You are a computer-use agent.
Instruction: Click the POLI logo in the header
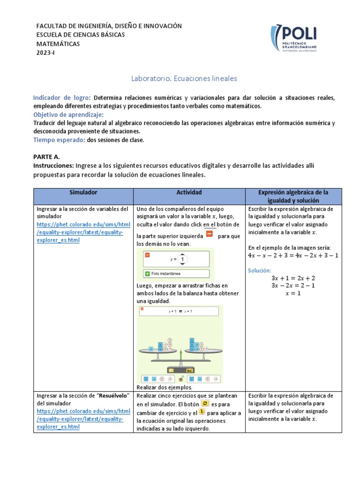293,39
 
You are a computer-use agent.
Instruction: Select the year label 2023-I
46,52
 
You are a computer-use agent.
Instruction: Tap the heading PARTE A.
47,157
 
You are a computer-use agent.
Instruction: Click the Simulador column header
83,193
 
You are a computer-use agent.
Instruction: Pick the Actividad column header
189,193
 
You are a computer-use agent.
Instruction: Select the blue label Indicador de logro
61,98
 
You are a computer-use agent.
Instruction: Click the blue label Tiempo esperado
59,140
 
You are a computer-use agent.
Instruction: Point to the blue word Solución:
259,270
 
